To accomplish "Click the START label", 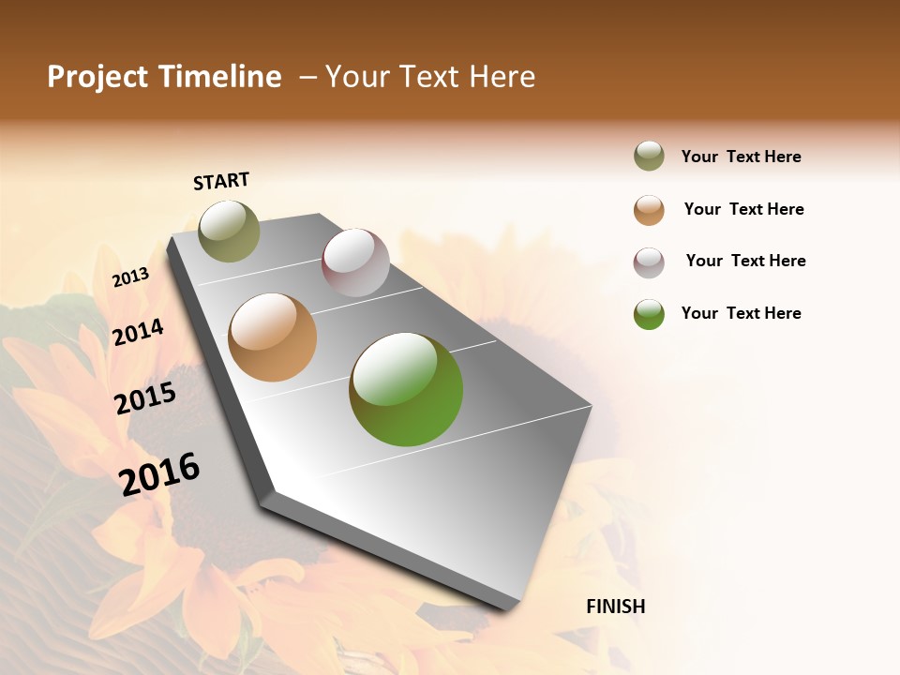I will pos(221,181).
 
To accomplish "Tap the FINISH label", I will pos(615,607).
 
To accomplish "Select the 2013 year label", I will pos(130,277).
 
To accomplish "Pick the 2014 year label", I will pos(138,332).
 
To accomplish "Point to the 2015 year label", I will pos(145,398).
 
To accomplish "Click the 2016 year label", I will pos(159,473).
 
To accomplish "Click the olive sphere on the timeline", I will pos(229,231).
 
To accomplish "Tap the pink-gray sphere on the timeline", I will pos(355,262).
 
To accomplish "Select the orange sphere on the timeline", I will pos(272,337).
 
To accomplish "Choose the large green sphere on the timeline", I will pos(406,389).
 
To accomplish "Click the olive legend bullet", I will pos(649,156).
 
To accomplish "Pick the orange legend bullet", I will pos(649,210).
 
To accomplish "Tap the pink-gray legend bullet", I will pos(649,262).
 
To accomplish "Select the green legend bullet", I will pos(649,314).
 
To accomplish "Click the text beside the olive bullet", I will pos(741,157).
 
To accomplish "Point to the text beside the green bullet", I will pos(741,313).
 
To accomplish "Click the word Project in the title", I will pos(97,77).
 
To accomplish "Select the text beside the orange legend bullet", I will pos(743,209).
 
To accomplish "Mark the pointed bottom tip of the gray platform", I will pos(511,607).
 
